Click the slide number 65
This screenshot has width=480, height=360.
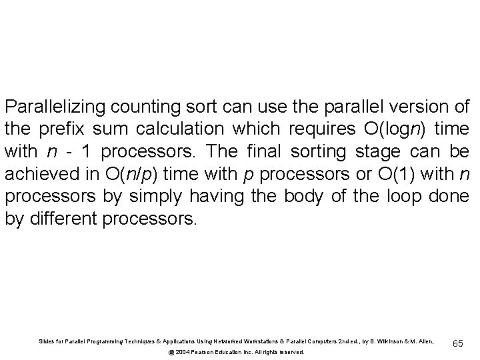coord(458,343)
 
